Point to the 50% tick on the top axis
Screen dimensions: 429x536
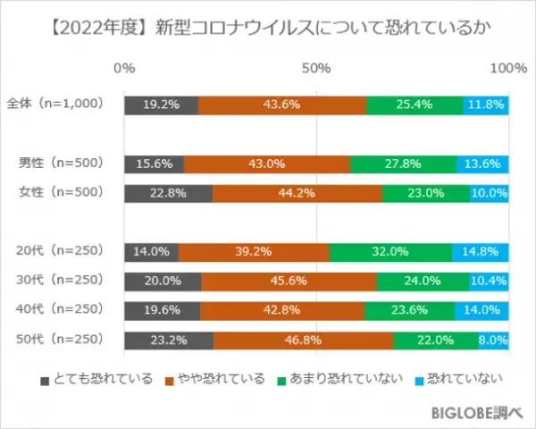pyautogui.click(x=317, y=69)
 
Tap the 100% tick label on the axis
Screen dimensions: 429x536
pyautogui.click(x=509, y=69)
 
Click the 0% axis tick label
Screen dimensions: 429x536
pyautogui.click(x=125, y=69)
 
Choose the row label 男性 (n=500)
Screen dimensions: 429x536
pyautogui.click(x=59, y=164)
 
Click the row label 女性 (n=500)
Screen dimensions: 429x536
pyautogui.click(x=59, y=192)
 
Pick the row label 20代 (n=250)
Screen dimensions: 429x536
pyautogui.click(x=59, y=251)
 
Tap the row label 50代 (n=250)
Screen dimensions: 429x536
pyautogui.click(x=59, y=340)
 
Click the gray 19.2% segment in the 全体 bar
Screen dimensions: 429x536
pyautogui.click(x=162, y=105)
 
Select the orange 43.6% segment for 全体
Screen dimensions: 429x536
pyautogui.click(x=282, y=105)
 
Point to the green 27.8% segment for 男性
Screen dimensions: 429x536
pyautogui.click(x=403, y=164)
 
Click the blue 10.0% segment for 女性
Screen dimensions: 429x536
pyautogui.click(x=490, y=192)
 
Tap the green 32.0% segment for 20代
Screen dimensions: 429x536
pyautogui.click(x=390, y=251)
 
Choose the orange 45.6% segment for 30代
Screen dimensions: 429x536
pyautogui.click(x=289, y=281)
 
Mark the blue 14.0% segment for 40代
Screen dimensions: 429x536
pyautogui.click(x=482, y=310)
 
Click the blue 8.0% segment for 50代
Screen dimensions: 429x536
pyautogui.click(x=494, y=340)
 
